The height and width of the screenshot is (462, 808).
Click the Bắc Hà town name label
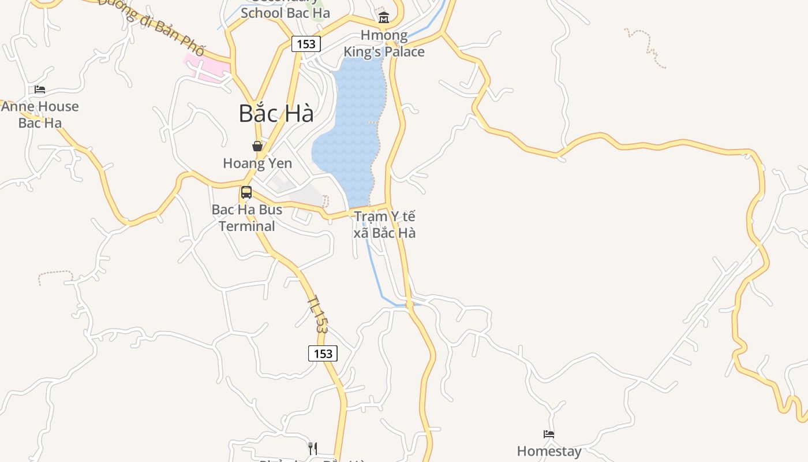click(x=276, y=113)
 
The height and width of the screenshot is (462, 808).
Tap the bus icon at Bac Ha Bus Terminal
click(x=246, y=192)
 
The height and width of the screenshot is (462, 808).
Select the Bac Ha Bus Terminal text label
click(x=247, y=218)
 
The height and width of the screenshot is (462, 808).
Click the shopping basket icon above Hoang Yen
click(x=257, y=146)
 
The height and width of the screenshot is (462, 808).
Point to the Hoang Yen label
click(x=257, y=163)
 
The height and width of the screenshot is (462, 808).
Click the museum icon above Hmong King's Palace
click(x=383, y=18)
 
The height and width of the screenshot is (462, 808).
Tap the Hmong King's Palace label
click(x=384, y=43)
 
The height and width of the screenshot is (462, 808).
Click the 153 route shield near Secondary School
click(x=306, y=44)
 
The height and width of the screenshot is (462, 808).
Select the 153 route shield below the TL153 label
click(x=323, y=353)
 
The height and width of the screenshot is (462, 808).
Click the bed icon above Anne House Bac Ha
click(x=40, y=90)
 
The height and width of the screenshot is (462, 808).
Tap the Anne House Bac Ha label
click(x=40, y=114)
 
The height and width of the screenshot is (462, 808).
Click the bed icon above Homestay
click(x=549, y=434)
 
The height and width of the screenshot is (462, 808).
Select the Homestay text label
click(x=549, y=451)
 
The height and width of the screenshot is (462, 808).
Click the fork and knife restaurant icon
click(x=313, y=448)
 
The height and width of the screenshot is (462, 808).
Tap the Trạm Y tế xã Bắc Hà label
click(x=384, y=225)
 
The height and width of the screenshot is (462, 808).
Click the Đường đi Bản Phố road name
click(x=151, y=26)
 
